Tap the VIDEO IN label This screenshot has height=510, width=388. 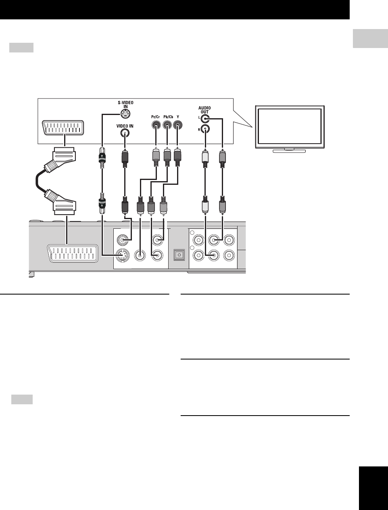point(125,126)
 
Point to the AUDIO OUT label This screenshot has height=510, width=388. point(204,110)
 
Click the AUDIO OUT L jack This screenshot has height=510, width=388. point(206,119)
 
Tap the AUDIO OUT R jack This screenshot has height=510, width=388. point(206,130)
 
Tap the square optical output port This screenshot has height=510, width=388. point(178,255)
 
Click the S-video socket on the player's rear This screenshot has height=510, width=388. point(122,255)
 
